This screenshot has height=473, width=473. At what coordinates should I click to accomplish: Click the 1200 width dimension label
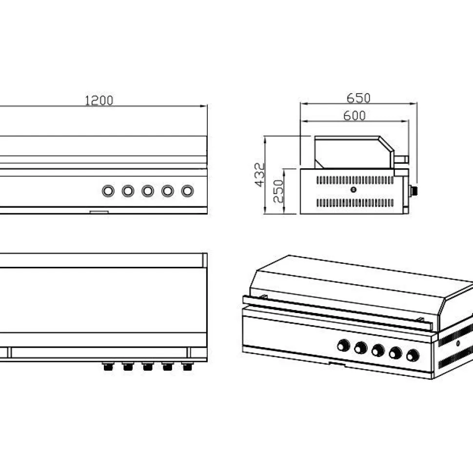[x=99, y=100]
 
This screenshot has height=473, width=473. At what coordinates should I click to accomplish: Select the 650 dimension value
[x=358, y=98]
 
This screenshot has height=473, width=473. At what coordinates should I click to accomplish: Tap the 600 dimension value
[x=355, y=116]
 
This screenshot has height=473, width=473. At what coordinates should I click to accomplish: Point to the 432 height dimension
[x=259, y=175]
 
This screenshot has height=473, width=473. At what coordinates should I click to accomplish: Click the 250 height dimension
[x=278, y=191]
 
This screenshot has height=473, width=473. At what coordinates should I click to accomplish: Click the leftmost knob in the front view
[x=108, y=191]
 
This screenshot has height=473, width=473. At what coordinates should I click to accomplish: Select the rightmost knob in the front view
[x=187, y=191]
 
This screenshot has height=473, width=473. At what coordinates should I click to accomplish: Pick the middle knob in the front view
[x=148, y=191]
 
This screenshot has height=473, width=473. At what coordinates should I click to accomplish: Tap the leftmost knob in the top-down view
[x=108, y=366]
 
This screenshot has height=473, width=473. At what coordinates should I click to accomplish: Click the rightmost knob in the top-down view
[x=187, y=366]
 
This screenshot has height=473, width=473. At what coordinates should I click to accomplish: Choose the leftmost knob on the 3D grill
[x=343, y=345]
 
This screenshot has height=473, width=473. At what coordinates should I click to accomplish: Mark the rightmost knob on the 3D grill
[x=413, y=355]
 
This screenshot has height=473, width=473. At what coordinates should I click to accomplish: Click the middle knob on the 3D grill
[x=378, y=351]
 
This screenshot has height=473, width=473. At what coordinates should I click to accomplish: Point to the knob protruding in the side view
[x=414, y=191]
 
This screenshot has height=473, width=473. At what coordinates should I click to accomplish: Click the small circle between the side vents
[x=354, y=190]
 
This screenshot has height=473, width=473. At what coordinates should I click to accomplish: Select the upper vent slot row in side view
[x=355, y=180]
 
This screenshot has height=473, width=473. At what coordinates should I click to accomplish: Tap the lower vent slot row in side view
[x=355, y=203]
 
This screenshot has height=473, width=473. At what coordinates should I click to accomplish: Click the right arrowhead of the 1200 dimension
[x=204, y=106]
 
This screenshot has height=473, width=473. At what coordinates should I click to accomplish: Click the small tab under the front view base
[x=99, y=212]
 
